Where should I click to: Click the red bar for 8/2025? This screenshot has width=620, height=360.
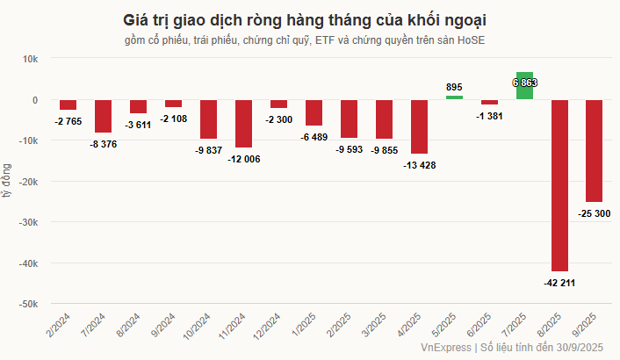559,185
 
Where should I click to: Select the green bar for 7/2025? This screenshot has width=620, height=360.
524,85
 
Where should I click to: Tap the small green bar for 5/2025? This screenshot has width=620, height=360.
454,97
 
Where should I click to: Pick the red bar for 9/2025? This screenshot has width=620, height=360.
595,150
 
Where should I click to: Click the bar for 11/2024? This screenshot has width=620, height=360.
243,123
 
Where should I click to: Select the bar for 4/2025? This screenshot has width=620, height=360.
419,126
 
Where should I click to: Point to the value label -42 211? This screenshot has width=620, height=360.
559,283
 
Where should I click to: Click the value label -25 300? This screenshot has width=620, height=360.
595,213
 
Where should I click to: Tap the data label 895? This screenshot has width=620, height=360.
454,87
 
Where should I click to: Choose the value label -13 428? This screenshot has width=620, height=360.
418,165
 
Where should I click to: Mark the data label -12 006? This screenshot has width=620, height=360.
243,159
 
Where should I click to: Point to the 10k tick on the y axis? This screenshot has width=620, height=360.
29,59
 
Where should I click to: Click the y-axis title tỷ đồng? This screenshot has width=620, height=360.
8,181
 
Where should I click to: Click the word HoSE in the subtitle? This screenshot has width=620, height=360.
472,41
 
